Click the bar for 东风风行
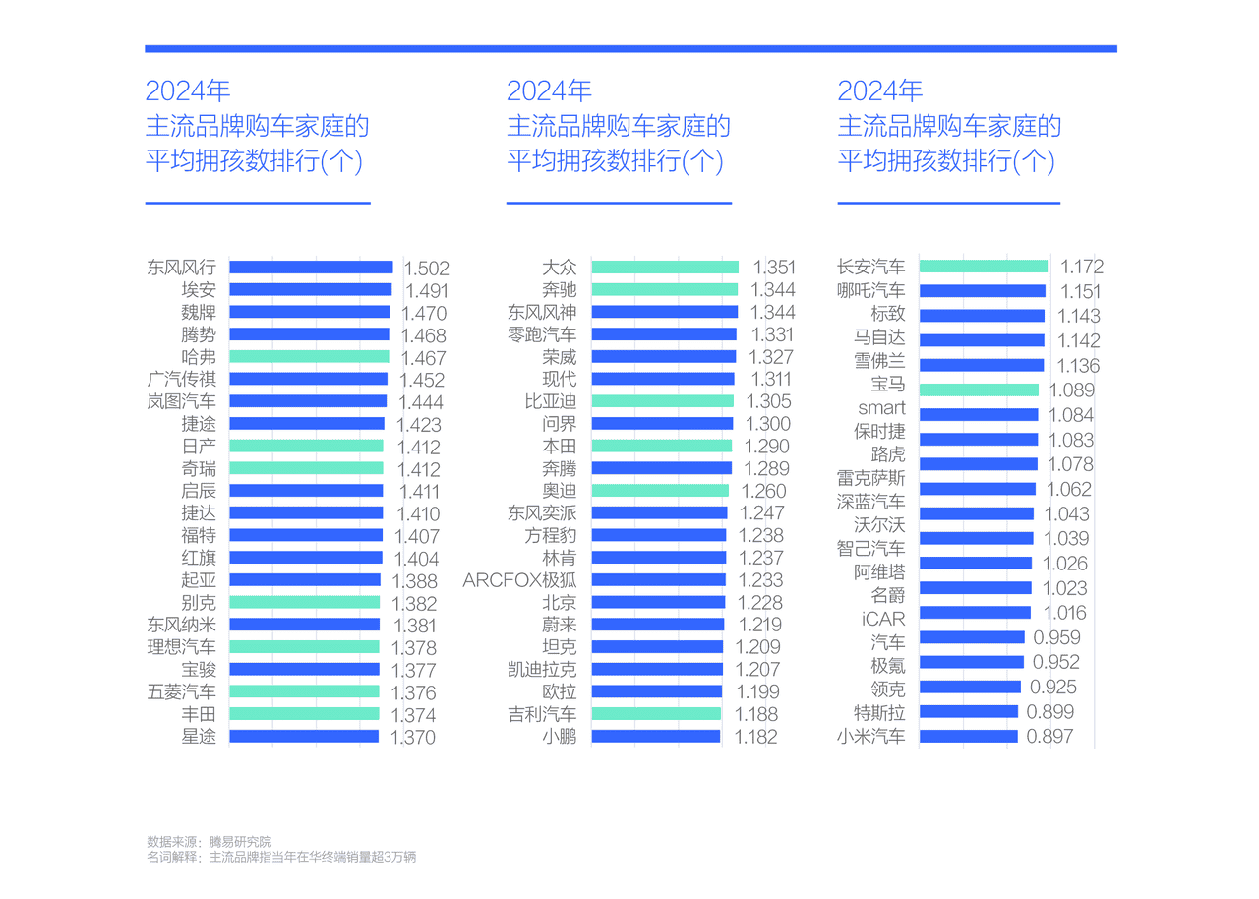[x=311, y=267]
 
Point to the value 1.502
[x=427, y=269]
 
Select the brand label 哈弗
[x=199, y=357]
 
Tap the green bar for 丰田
[x=304, y=713]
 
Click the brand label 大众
[x=560, y=268]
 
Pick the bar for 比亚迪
[x=663, y=400]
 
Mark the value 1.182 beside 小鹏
[x=756, y=737]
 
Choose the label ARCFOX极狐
[x=520, y=580]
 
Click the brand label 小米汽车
[x=871, y=736]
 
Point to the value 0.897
[x=1049, y=736]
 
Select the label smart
[x=882, y=407]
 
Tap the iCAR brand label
[x=883, y=619]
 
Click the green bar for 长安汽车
[x=984, y=267]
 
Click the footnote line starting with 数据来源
[x=210, y=842]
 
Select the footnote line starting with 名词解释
[x=281, y=857]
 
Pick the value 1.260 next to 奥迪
[x=764, y=491]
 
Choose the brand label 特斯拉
[x=879, y=713]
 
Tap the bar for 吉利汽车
[x=656, y=713]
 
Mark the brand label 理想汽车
[x=182, y=647]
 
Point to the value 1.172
[x=1082, y=267]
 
